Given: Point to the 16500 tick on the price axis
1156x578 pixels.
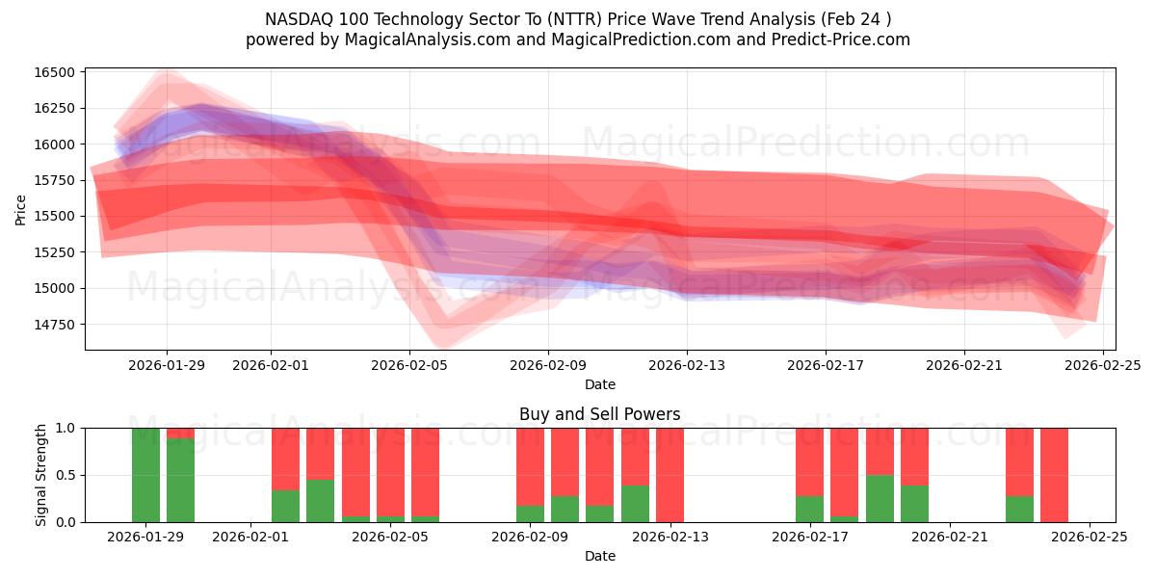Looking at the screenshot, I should pyautogui.click(x=54, y=72).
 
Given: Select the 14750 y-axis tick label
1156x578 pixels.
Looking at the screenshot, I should pyautogui.click(x=54, y=325).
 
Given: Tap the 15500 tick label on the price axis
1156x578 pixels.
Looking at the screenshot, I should pyautogui.click(x=54, y=216).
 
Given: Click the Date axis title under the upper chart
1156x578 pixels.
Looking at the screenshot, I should pyautogui.click(x=599, y=384).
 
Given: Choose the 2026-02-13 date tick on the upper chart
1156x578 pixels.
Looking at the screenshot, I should pyautogui.click(x=687, y=365).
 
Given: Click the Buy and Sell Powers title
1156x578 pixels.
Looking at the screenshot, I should pyautogui.click(x=599, y=414).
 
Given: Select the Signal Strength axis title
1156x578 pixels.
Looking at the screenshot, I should pyautogui.click(x=40, y=475).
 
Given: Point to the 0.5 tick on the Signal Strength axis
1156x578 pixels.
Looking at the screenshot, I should pyautogui.click(x=66, y=475).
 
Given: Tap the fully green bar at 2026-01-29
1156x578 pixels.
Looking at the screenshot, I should pyautogui.click(x=145, y=475).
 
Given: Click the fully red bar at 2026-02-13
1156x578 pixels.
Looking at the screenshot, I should pyautogui.click(x=670, y=475).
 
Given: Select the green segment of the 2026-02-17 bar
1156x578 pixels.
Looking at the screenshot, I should pyautogui.click(x=809, y=509).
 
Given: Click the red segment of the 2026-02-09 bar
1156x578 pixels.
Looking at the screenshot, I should pyautogui.click(x=530, y=466).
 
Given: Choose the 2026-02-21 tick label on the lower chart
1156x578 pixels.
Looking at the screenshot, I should pyautogui.click(x=950, y=537).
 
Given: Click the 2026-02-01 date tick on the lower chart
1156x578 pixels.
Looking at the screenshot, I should pyautogui.click(x=250, y=537).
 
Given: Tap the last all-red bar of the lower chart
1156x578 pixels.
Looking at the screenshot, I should pyautogui.click(x=1054, y=475).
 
